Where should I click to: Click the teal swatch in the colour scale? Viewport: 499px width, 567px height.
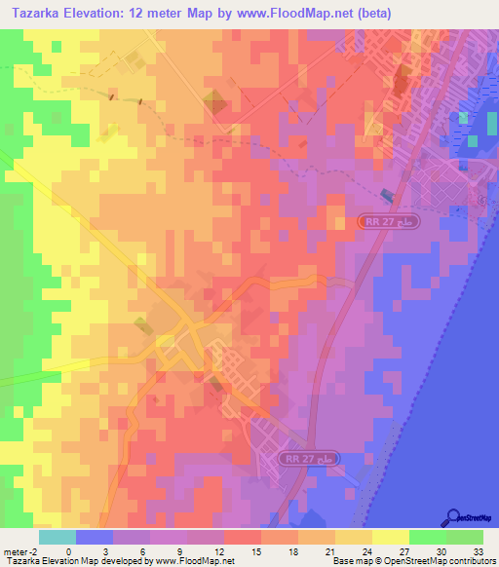point(58,537)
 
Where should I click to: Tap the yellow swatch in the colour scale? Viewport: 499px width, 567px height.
point(391,537)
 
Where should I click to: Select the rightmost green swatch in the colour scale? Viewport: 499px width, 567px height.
point(465,537)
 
